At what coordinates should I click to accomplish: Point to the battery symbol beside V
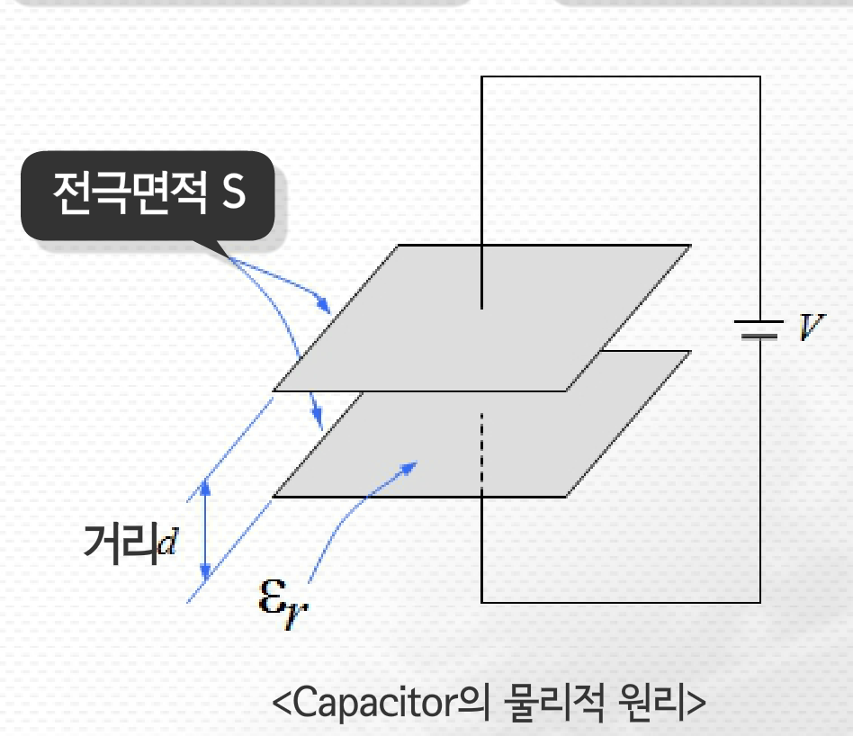[759, 329]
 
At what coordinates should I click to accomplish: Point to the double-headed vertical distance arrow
[206, 531]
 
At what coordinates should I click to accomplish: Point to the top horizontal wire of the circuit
[621, 76]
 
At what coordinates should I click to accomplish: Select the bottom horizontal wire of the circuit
[621, 601]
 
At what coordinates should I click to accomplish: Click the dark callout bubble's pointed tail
[216, 250]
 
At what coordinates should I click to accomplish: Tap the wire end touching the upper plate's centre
[482, 306]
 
